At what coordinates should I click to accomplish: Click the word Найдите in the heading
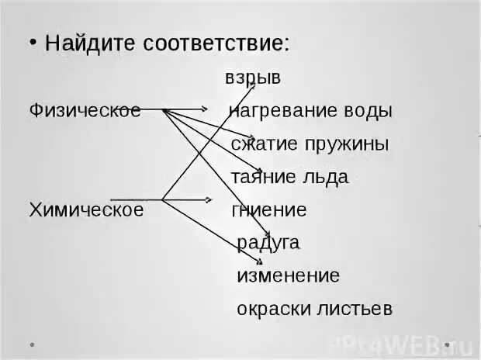pos(81,43)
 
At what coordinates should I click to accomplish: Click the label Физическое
pos(84,110)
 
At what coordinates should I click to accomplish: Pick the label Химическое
pos(86,209)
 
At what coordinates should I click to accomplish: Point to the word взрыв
pos(253,78)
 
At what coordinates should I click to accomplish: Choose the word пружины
pos(348,144)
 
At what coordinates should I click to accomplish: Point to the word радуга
pos(268,243)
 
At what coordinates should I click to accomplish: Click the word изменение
pos(288,276)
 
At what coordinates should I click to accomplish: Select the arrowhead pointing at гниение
pos(208,199)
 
